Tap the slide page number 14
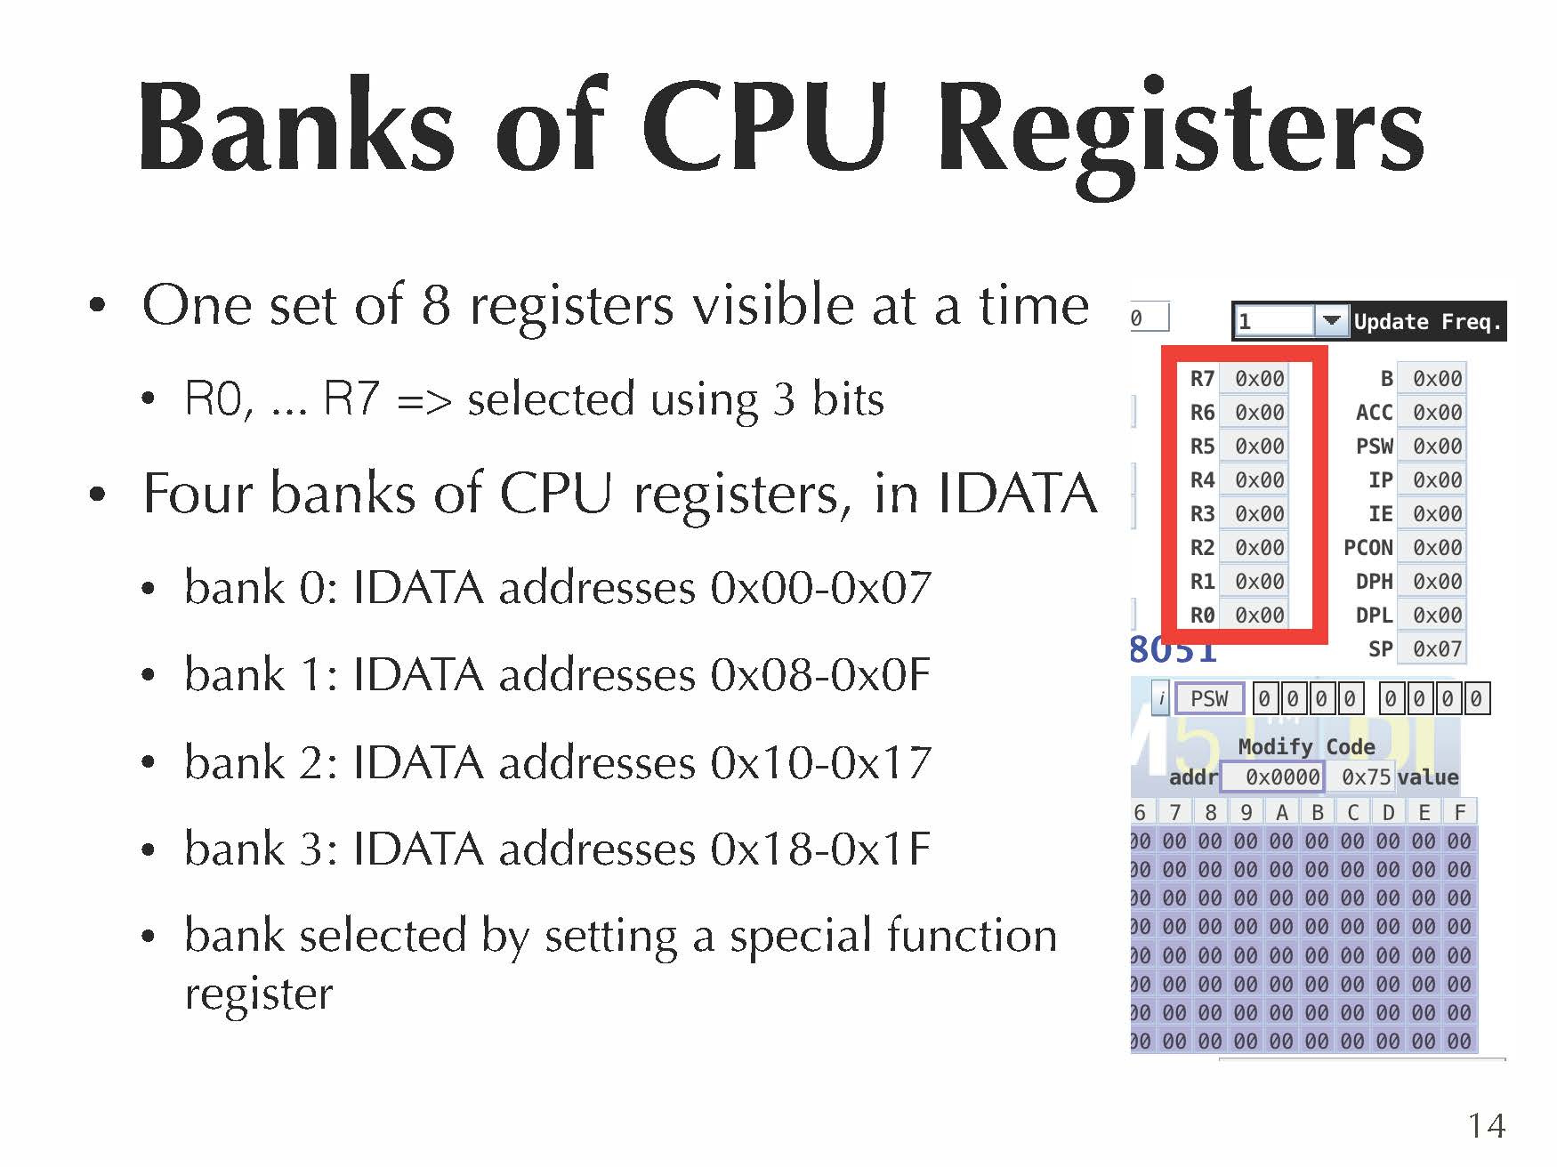[1486, 1126]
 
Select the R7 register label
[1201, 379]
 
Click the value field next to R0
[1258, 616]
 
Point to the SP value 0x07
[1436, 649]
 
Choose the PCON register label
[1367, 548]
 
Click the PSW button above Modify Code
[1208, 699]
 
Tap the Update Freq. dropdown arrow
[1330, 321]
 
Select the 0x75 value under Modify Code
[1365, 777]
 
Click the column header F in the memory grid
[1459, 812]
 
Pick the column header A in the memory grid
[1281, 812]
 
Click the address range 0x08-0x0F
[819, 675]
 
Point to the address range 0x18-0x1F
[819, 849]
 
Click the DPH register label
[1373, 582]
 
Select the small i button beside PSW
[1160, 699]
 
